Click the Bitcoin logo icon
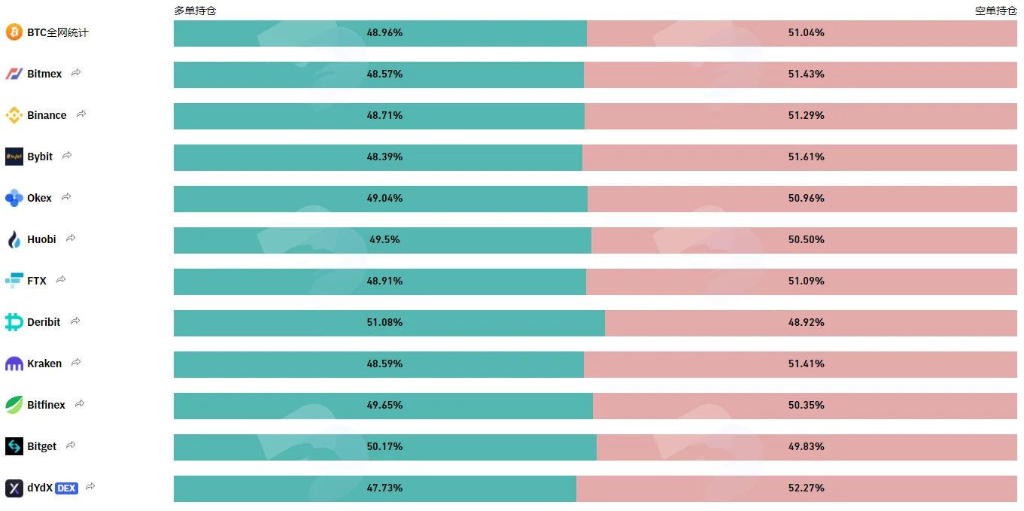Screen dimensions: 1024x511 point(14,32)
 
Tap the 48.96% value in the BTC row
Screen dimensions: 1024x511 point(384,33)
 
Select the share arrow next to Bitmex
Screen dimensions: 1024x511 point(76,73)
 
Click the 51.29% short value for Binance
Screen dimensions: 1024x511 point(806,116)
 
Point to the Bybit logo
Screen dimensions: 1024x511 point(14,157)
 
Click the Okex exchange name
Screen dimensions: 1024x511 point(39,198)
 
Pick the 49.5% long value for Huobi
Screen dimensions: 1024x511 point(384,239)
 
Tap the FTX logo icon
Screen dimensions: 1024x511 point(14,280)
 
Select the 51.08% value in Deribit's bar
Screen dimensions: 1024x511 point(384,322)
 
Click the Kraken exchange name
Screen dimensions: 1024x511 point(44,363)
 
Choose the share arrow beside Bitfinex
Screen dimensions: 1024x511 point(80,403)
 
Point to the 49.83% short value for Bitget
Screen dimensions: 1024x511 point(806,446)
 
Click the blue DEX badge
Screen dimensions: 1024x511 point(66,488)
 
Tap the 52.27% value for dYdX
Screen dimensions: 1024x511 point(806,488)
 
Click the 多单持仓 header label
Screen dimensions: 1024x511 point(195,11)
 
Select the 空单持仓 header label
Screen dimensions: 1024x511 point(995,11)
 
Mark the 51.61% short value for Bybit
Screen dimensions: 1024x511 point(806,157)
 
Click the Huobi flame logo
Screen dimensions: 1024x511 point(14,239)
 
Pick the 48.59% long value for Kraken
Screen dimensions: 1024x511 point(384,363)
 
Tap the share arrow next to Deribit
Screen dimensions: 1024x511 point(75,321)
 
